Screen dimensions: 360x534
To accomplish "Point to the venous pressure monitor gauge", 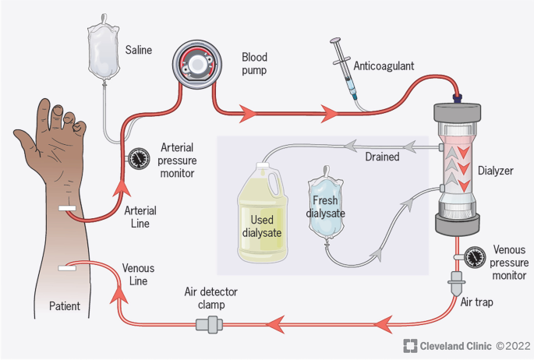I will coord(475,256).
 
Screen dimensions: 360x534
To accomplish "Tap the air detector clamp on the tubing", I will coord(210,324).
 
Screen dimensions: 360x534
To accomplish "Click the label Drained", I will coord(382,157).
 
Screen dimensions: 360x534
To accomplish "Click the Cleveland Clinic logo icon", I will coord(408,345).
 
